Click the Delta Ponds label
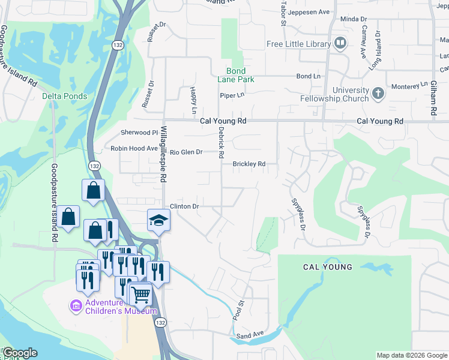point(64,96)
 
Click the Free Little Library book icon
point(340,44)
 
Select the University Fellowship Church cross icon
point(378,93)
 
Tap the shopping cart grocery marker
point(140,294)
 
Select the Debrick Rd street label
point(221,143)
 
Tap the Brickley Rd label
point(249,164)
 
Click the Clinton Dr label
point(184,206)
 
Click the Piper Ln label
point(232,95)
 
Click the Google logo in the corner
point(20,353)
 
